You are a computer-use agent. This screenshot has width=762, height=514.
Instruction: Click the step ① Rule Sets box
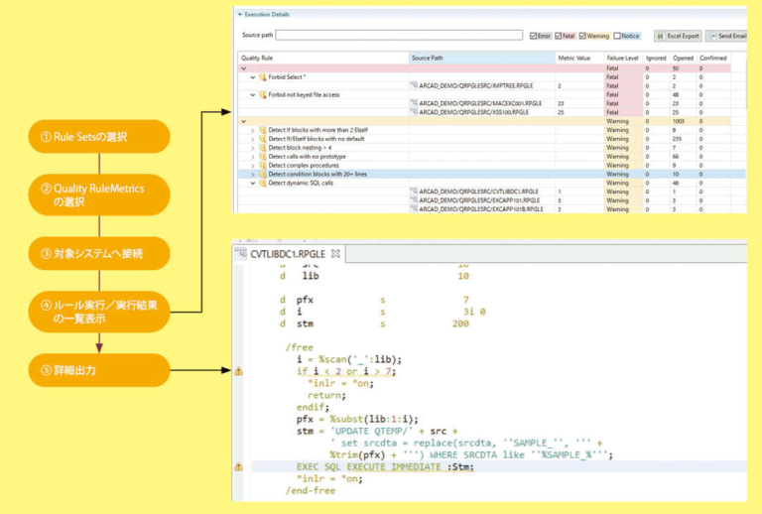pyautogui.click(x=99, y=136)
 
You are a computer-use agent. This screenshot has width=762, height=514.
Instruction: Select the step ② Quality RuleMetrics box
pyautogui.click(x=99, y=193)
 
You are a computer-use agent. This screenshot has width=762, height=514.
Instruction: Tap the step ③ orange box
pyautogui.click(x=99, y=253)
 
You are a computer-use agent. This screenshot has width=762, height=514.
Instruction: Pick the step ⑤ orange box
pyautogui.click(x=99, y=370)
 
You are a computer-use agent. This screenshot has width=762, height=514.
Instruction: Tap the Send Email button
pyautogui.click(x=728, y=36)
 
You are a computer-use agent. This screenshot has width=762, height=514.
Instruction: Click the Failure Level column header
pyautogui.click(x=622, y=59)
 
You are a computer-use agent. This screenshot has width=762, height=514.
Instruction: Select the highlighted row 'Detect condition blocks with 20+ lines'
pyautogui.click(x=317, y=174)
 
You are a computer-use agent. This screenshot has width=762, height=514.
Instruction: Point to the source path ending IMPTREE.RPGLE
pyautogui.click(x=476, y=85)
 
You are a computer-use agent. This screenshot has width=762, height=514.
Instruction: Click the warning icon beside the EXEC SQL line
pyautogui.click(x=238, y=465)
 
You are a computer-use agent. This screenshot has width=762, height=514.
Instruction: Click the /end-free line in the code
pyautogui.click(x=310, y=490)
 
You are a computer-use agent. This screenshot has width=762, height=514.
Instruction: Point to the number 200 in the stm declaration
pyautogui.click(x=460, y=323)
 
